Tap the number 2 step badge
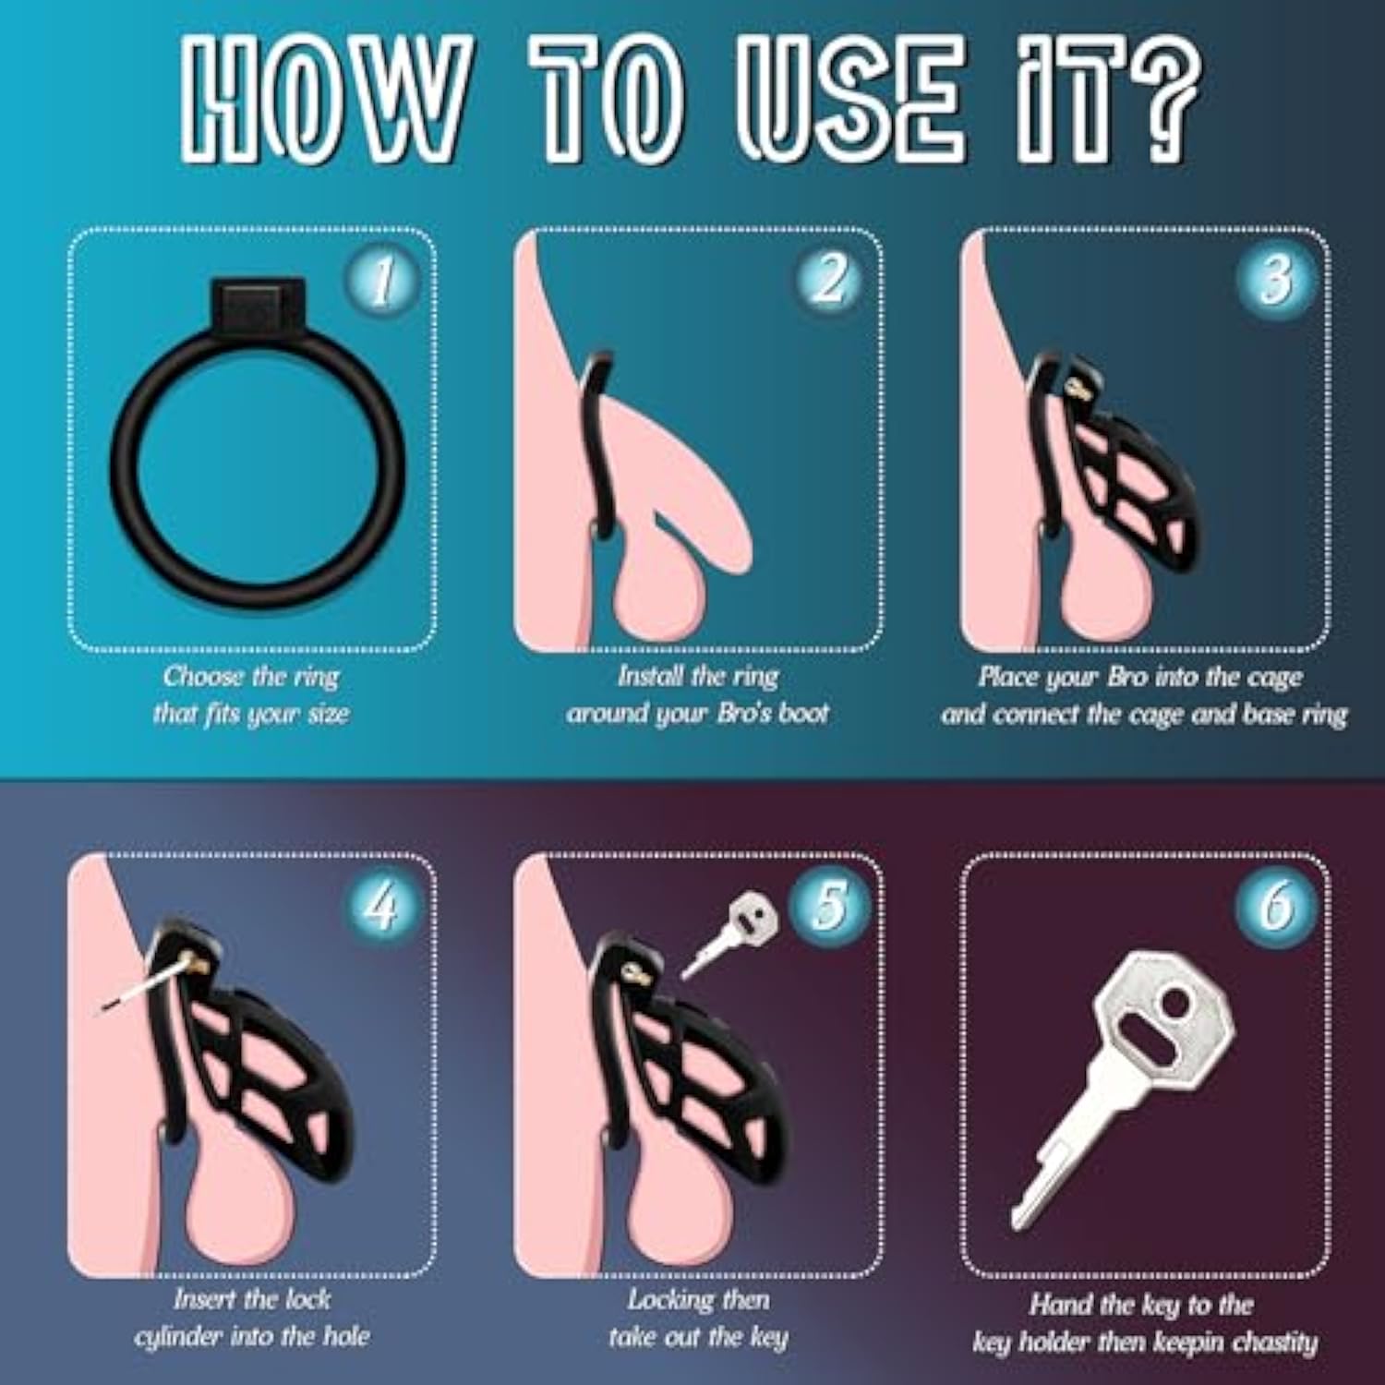pyautogui.click(x=828, y=280)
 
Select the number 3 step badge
pyautogui.click(x=1275, y=280)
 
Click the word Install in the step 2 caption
pyautogui.click(x=651, y=677)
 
